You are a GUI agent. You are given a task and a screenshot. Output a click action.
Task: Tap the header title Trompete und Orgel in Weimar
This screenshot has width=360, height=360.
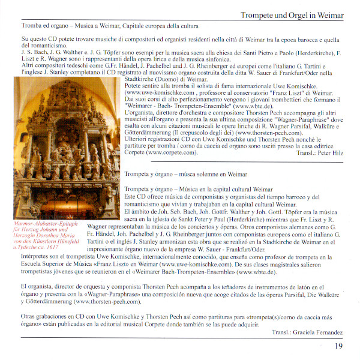[x=292, y=14]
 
